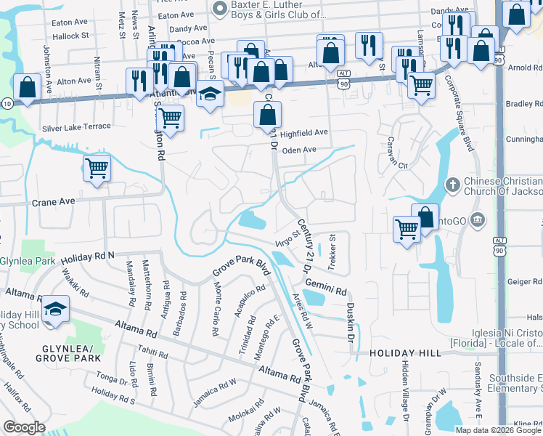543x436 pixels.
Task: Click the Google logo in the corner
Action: click(25, 427)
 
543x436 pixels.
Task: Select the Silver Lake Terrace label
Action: click(76, 127)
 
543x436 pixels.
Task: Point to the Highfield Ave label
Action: click(304, 133)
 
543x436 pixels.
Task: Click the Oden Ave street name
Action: click(299, 150)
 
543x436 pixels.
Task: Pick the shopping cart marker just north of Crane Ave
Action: click(97, 169)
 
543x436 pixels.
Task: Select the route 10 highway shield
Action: click(5, 104)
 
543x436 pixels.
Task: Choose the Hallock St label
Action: click(70, 34)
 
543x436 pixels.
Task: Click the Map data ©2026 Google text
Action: click(498, 429)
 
